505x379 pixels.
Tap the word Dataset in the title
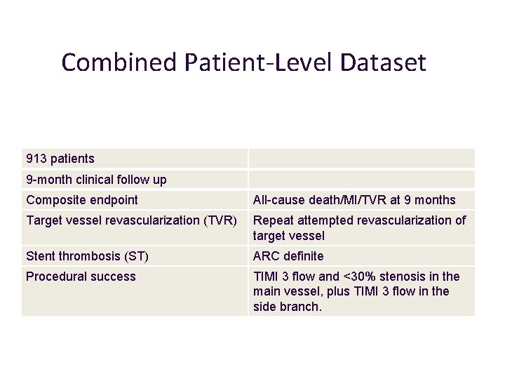pos(384,63)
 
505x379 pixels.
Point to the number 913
pos(36,159)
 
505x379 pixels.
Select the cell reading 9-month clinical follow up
pos(96,180)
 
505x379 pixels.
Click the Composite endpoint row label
pos(82,200)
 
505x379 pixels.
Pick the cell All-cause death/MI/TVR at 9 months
pos(354,200)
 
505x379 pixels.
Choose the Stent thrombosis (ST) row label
pos(87,257)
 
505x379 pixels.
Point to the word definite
pos(304,257)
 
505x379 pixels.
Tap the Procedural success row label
pos(81,277)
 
